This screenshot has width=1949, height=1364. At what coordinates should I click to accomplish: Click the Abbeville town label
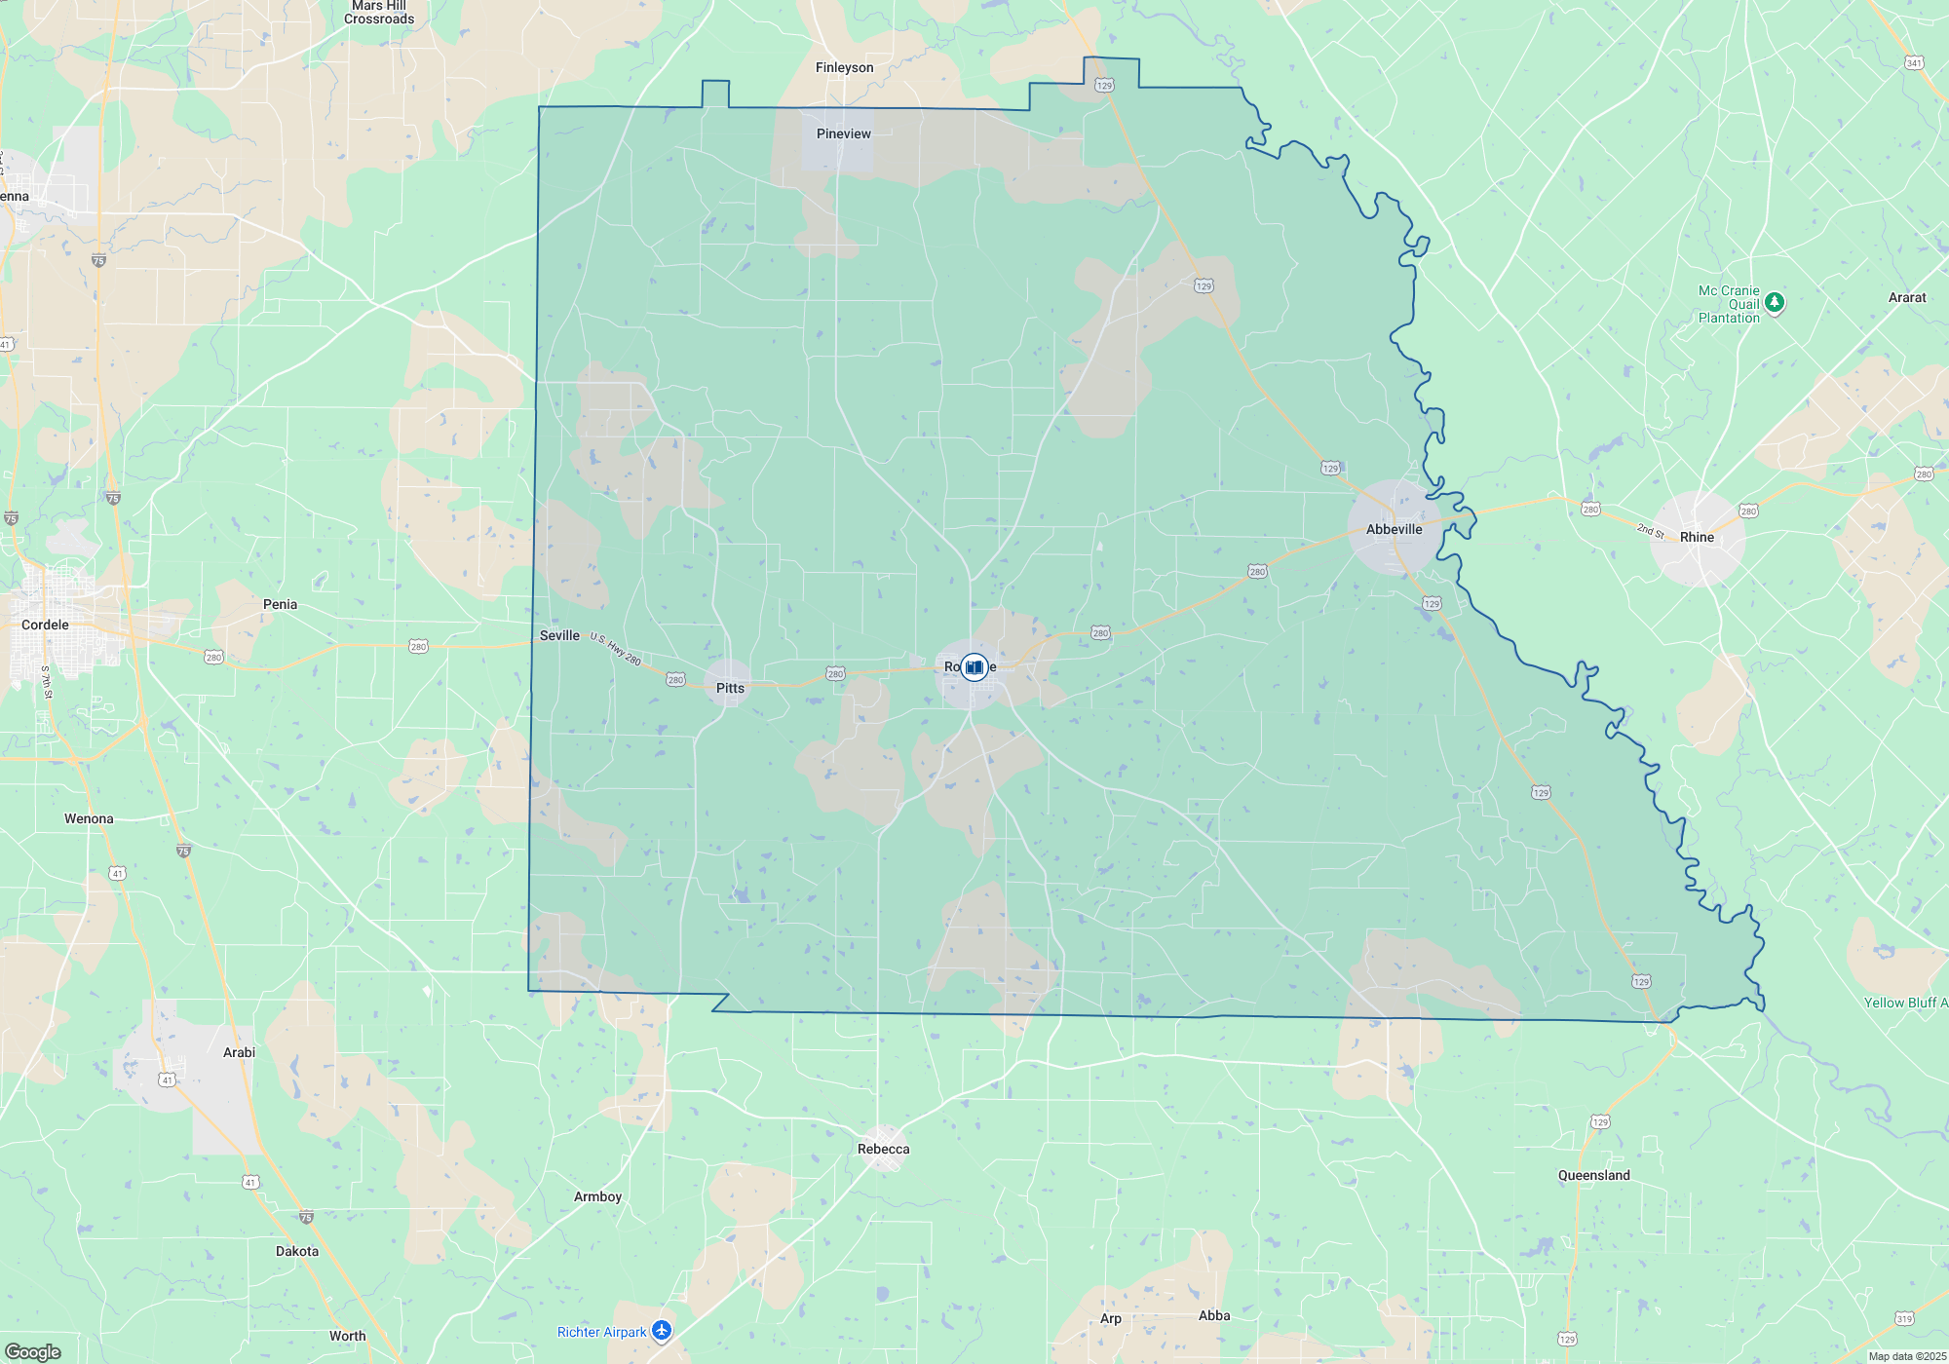click(1394, 529)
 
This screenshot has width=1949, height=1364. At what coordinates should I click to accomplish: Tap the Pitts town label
click(730, 688)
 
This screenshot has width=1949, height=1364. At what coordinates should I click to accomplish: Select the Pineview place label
click(844, 133)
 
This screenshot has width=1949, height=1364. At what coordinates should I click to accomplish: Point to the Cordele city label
click(45, 625)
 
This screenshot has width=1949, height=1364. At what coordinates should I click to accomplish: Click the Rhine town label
click(1697, 537)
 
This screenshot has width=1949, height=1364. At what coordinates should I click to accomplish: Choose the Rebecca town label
click(883, 1149)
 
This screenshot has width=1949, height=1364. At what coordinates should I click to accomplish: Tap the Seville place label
click(559, 635)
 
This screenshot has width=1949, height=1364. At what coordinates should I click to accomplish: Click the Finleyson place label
click(844, 67)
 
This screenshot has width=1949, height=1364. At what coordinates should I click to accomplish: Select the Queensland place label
click(1593, 1175)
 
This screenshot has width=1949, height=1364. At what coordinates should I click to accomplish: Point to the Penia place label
click(280, 604)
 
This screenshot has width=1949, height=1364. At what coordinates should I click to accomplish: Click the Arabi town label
click(239, 1052)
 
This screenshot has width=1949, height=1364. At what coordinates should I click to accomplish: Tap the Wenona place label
click(89, 818)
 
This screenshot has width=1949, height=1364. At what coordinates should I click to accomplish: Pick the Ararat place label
click(1906, 297)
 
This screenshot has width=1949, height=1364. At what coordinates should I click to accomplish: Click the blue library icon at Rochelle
click(974, 666)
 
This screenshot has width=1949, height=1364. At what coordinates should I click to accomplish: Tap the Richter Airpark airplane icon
click(662, 1331)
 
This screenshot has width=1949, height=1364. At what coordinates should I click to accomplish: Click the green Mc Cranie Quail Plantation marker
click(1775, 303)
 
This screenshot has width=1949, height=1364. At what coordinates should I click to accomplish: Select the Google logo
click(33, 1351)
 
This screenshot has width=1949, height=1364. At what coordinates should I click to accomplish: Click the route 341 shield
click(1914, 63)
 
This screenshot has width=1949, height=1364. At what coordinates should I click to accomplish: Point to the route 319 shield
click(1904, 1318)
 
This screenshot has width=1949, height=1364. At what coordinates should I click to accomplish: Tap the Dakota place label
click(296, 1251)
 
